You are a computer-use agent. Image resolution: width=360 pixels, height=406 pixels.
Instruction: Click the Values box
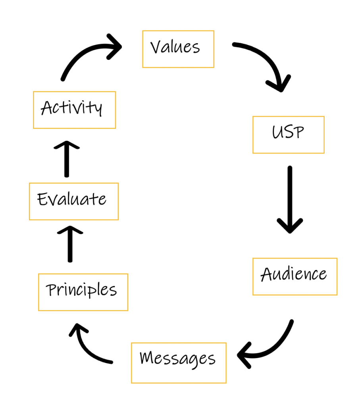(178, 49)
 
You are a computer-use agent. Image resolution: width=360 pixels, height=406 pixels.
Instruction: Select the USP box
(288, 134)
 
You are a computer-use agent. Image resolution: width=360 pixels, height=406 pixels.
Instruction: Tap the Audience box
(295, 276)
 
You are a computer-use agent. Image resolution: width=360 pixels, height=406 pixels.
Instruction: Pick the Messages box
(179, 363)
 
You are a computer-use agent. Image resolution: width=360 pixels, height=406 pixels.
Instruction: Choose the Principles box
(83, 292)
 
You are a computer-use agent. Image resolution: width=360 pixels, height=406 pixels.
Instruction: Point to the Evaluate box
(74, 201)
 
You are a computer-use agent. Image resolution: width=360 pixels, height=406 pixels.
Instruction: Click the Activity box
(74, 110)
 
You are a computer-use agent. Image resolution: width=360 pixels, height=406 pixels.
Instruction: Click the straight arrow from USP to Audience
(290, 198)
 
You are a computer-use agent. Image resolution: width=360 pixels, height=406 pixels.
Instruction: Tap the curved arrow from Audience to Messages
(274, 345)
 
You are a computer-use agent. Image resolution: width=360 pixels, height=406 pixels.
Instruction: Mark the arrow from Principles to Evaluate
(70, 244)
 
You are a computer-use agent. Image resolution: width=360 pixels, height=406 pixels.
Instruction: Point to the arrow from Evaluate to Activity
(66, 159)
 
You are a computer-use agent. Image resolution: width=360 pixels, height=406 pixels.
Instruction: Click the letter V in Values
(156, 48)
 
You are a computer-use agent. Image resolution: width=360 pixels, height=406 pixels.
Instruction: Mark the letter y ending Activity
(98, 109)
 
